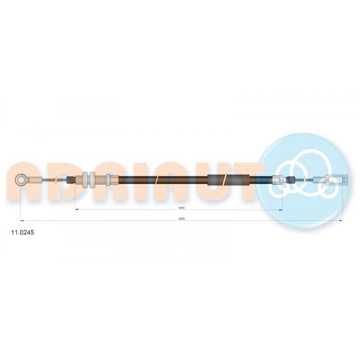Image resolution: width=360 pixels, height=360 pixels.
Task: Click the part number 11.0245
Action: tap(22, 232)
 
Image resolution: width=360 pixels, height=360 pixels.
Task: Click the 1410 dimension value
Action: tap(181, 208)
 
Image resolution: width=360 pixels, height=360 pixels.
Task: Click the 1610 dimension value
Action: tap(181, 219)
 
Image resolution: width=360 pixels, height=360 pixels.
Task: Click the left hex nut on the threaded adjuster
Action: tap(85, 180)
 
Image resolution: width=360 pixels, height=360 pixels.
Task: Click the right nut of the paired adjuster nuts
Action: tap(92, 180)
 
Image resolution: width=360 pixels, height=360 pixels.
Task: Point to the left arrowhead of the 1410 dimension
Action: tap(77, 210)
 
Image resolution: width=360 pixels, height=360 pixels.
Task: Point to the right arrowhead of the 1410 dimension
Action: tap(280, 210)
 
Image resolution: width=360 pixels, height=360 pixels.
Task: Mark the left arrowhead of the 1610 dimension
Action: tap(22, 221)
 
